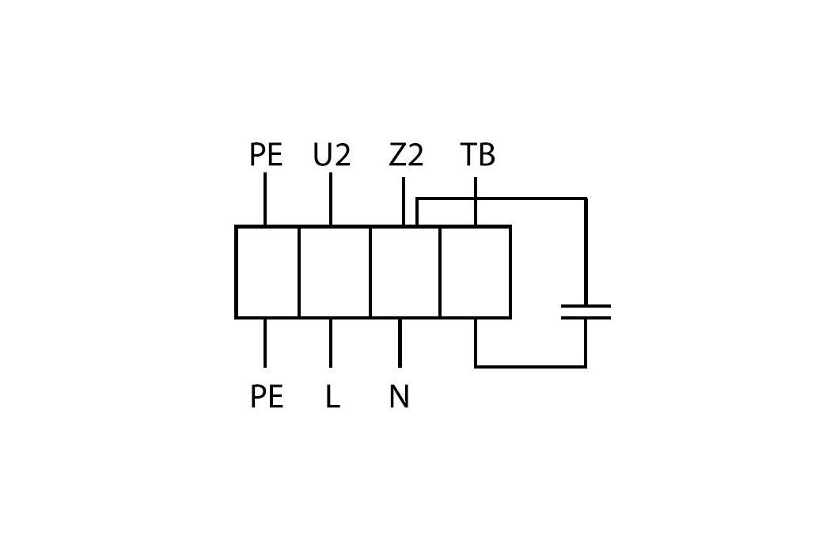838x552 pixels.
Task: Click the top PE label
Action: [x=266, y=156]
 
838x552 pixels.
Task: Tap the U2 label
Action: [x=331, y=156]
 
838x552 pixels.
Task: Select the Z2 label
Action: [x=406, y=156]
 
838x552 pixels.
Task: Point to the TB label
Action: [x=477, y=156]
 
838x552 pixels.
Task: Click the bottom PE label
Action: [x=267, y=396]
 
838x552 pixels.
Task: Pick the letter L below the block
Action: [x=332, y=396]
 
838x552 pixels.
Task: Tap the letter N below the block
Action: [x=400, y=396]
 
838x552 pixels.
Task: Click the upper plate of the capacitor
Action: [x=586, y=306]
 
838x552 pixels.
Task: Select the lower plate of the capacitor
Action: [x=586, y=318]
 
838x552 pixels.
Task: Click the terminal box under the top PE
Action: [x=267, y=272]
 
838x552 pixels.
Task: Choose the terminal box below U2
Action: [x=335, y=272]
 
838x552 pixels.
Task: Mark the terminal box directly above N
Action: [x=405, y=272]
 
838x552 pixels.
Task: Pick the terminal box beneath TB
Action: [x=475, y=272]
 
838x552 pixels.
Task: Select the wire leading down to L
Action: [x=330, y=342]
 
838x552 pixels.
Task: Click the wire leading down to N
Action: [x=400, y=342]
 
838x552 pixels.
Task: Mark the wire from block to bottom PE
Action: [x=265, y=342]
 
